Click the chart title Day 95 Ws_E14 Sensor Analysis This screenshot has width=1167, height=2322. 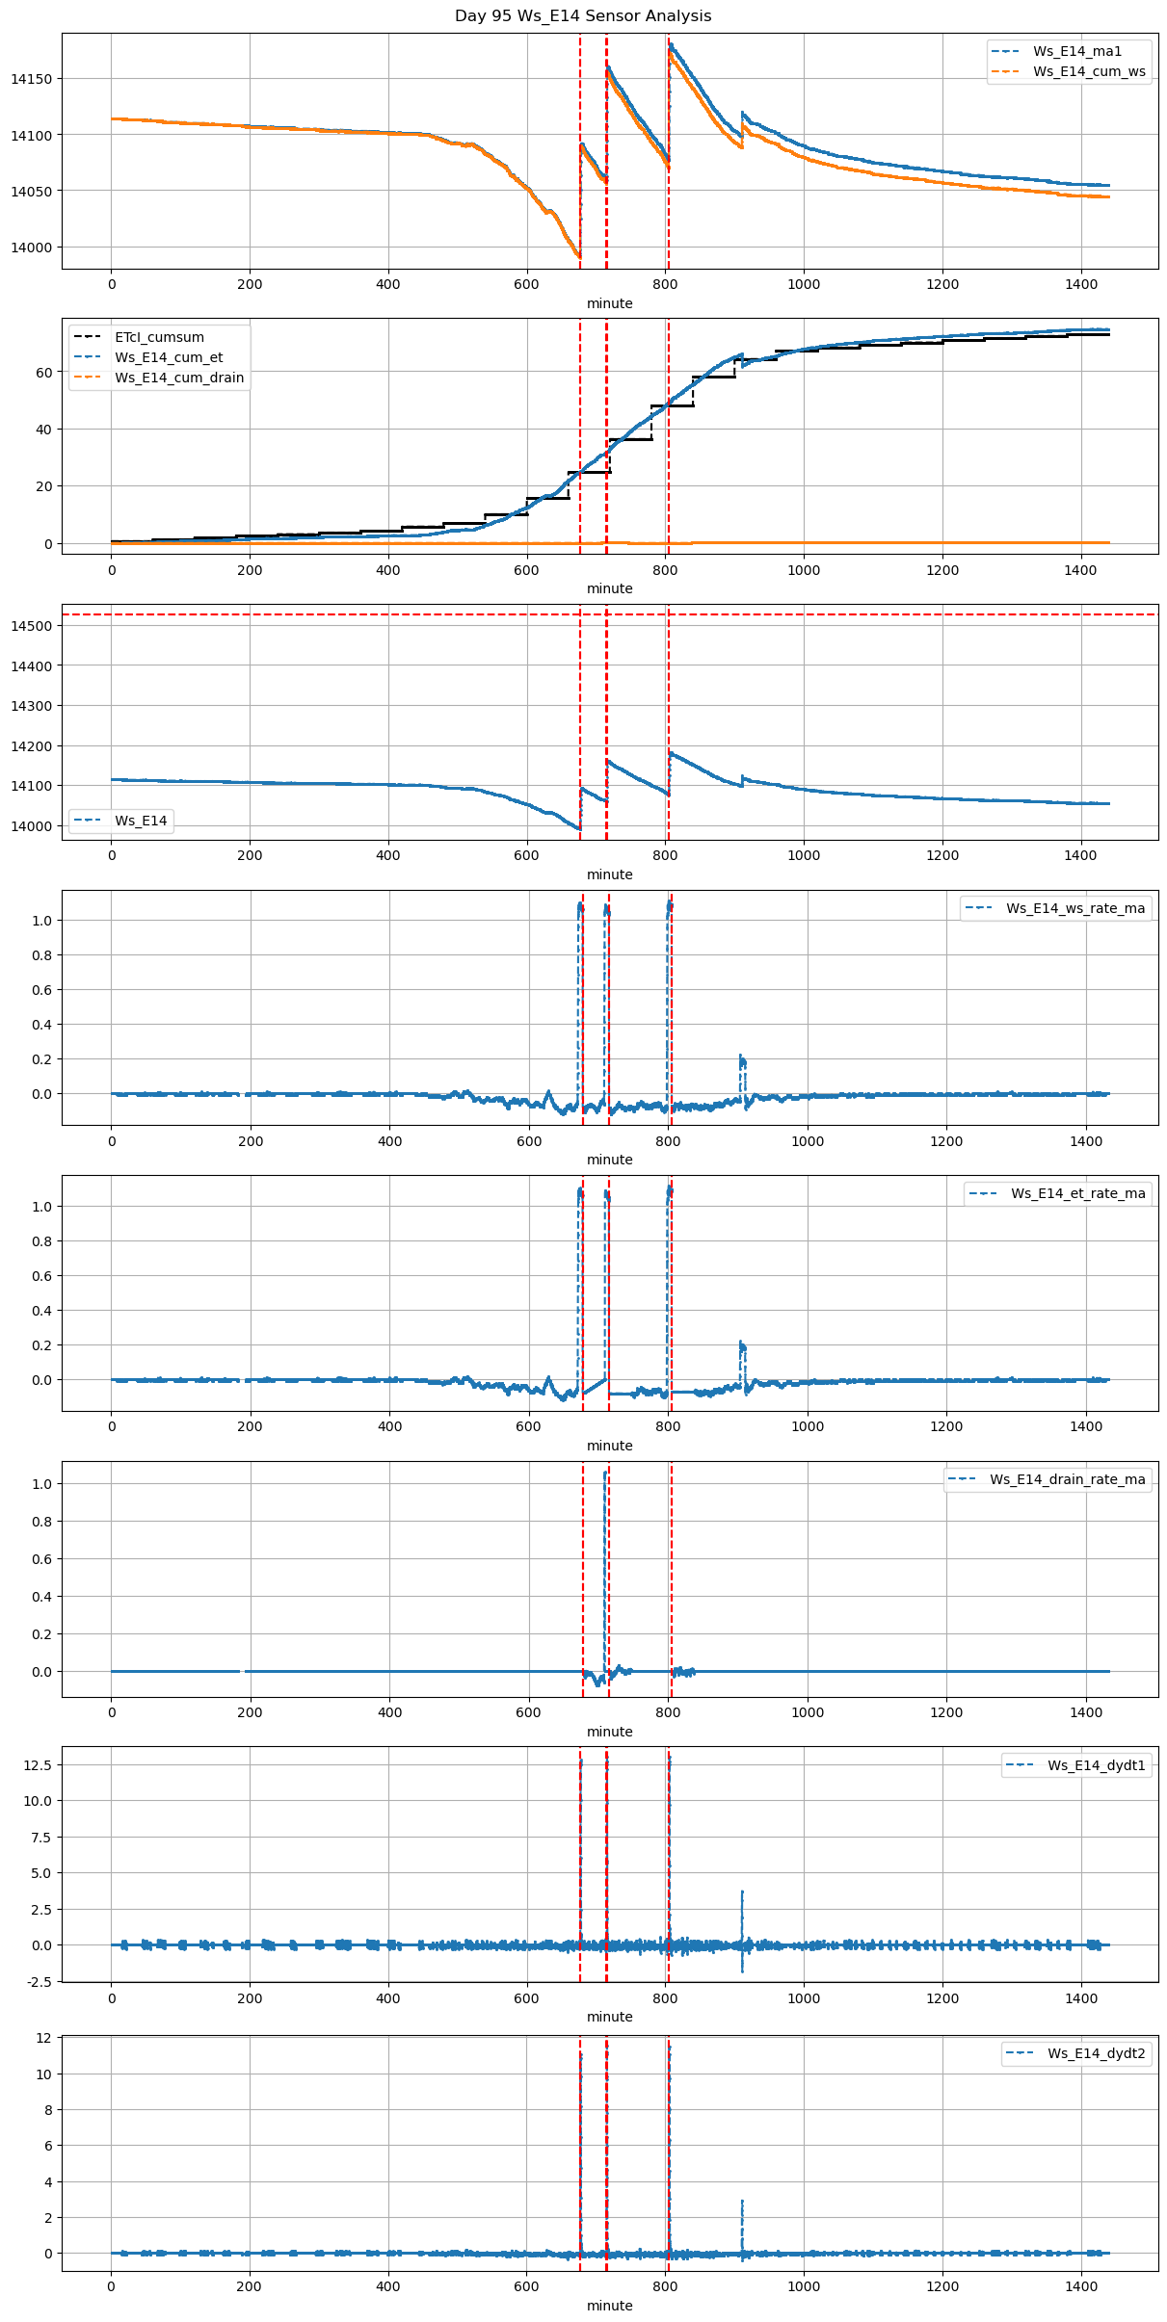(583, 16)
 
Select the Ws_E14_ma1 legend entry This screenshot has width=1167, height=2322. (1076, 51)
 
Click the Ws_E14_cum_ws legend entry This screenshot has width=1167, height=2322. (1089, 71)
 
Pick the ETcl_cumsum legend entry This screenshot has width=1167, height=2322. (159, 337)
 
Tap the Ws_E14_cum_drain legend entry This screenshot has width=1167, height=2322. (179, 378)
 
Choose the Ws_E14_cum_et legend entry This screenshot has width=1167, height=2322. (169, 357)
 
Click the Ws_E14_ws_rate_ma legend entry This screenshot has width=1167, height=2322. (1075, 908)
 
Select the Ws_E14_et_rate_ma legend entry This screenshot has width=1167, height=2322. (1077, 1193)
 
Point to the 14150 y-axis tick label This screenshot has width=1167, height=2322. (32, 79)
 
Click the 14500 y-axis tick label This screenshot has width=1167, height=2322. (32, 626)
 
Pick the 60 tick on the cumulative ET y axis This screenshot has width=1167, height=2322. (44, 372)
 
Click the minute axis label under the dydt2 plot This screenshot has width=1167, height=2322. (610, 2306)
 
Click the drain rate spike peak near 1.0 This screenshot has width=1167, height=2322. (605, 1474)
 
